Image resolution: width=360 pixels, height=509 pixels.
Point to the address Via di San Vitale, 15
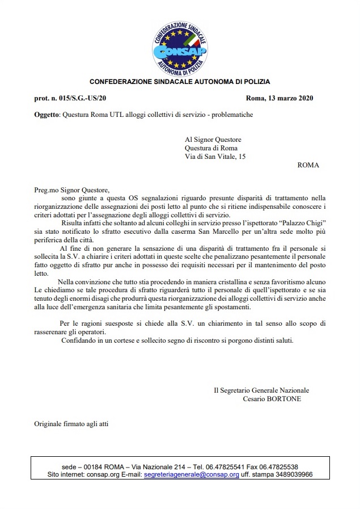[x=215, y=157]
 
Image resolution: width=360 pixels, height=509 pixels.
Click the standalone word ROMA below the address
[x=308, y=165]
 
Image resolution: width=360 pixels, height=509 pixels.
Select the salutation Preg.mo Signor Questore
[x=70, y=190]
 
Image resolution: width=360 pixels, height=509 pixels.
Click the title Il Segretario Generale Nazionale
[x=261, y=390]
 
